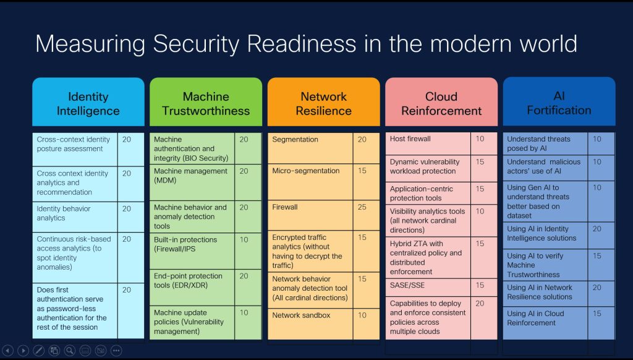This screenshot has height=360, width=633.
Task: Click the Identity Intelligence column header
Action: tap(88, 102)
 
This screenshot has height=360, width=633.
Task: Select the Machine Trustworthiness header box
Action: tap(206, 102)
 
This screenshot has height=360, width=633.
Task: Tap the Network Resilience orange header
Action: tap(324, 102)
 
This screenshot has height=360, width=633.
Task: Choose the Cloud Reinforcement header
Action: tap(441, 102)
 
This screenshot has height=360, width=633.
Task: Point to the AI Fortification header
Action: tap(559, 101)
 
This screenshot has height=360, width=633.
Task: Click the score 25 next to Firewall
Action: tap(362, 207)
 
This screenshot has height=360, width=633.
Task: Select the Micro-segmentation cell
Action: tap(310, 182)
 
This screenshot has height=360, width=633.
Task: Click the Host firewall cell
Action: tap(428, 144)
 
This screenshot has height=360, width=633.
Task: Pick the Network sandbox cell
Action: tap(310, 324)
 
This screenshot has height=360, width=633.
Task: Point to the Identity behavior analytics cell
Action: tap(75, 217)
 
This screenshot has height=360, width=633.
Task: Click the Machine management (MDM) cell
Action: tap(192, 182)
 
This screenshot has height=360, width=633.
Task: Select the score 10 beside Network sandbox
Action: tap(362, 315)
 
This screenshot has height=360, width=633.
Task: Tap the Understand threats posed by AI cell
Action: tap(545, 144)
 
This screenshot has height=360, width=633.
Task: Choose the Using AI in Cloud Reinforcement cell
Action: tap(545, 323)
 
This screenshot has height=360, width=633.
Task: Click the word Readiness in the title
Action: tap(302, 44)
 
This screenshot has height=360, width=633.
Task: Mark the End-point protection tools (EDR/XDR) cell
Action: tap(192, 287)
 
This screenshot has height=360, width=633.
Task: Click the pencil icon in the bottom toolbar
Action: tap(39, 350)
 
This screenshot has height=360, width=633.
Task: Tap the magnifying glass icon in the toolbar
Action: tap(70, 350)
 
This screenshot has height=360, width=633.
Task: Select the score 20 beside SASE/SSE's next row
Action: tap(480, 304)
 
